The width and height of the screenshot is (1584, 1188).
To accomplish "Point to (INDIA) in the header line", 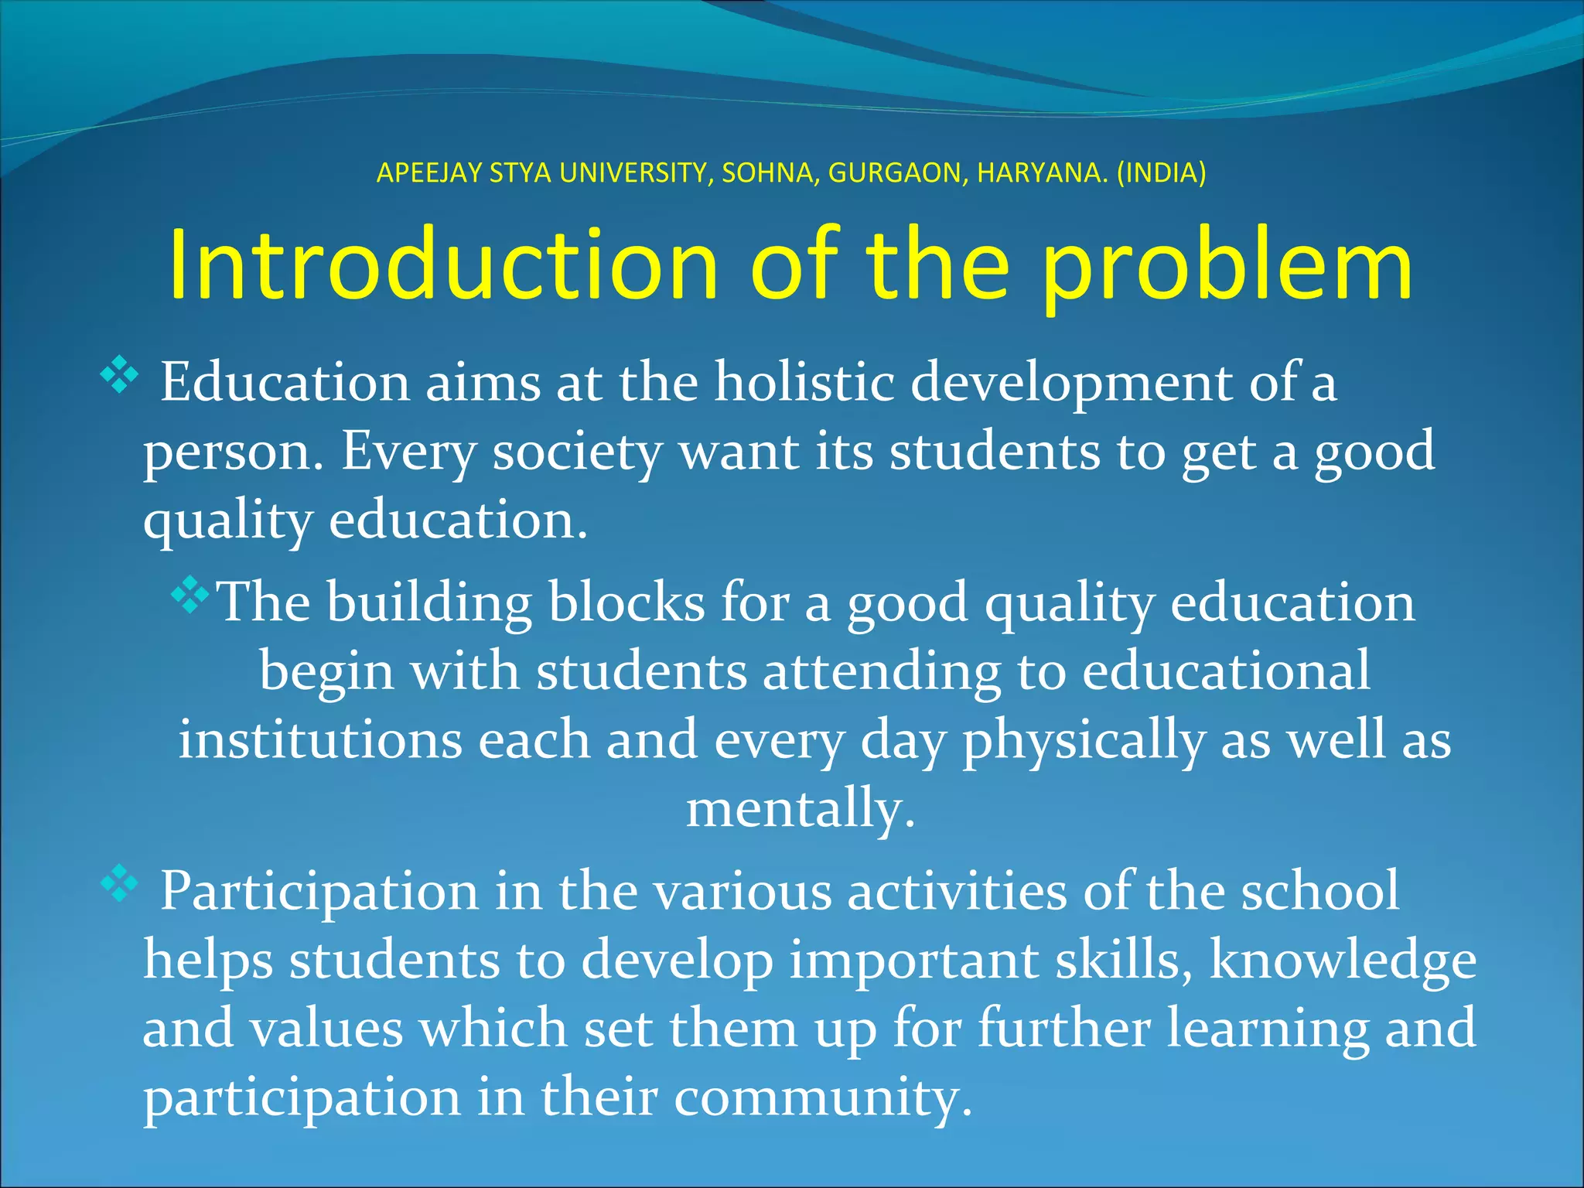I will [1161, 173].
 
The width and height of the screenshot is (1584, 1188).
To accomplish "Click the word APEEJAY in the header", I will [428, 173].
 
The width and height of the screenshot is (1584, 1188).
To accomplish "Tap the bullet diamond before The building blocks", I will [190, 595].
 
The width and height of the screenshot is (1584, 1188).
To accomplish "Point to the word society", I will [577, 452].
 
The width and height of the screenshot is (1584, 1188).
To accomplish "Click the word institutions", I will [320, 740].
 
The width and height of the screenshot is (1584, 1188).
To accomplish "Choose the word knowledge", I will [1342, 961].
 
